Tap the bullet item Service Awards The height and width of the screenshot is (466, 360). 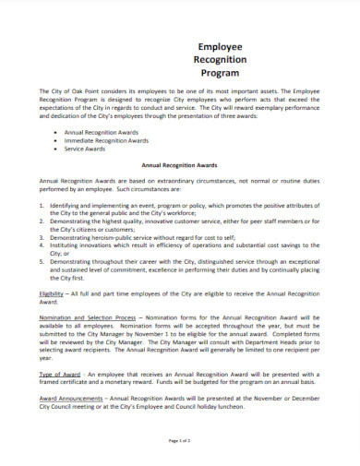click(x=87, y=149)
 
